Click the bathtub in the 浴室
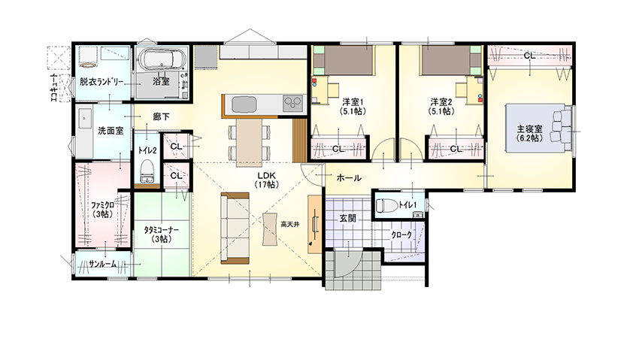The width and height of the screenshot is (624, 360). point(161,60)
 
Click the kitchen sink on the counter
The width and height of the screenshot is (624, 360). point(243,105)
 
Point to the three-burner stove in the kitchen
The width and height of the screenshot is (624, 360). point(293,104)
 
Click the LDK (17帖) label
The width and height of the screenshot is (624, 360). point(267,180)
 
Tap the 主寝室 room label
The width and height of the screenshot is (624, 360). point(529,133)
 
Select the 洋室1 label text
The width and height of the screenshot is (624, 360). point(353,101)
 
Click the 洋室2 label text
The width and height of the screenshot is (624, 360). point(441,101)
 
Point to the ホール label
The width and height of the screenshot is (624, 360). point(349,178)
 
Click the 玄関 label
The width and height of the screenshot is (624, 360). point(347,219)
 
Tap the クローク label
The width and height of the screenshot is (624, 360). point(401,234)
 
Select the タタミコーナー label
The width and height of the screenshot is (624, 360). point(161,230)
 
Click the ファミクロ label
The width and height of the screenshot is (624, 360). point(103,205)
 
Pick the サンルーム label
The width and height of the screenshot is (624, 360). point(103,264)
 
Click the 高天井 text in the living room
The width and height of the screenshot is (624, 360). point(289,225)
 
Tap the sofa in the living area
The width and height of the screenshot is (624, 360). point(235,228)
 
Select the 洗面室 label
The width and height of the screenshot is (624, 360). point(111,131)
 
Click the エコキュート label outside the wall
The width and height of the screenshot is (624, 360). point(54,87)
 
